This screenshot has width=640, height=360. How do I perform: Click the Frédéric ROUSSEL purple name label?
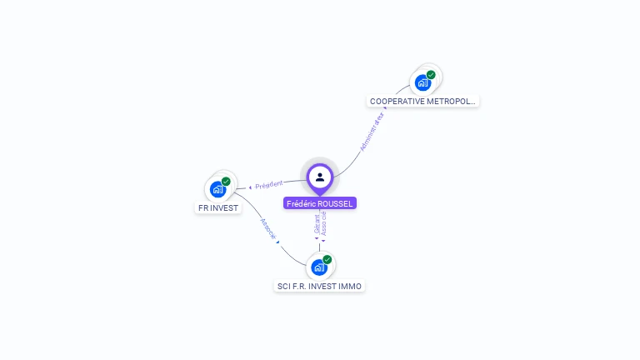[x=320, y=203]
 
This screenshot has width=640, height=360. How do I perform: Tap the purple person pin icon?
[x=320, y=177]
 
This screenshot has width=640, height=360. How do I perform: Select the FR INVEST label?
[x=218, y=207]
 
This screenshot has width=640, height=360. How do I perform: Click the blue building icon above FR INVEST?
[x=218, y=189]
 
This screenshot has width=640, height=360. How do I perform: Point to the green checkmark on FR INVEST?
[x=226, y=182]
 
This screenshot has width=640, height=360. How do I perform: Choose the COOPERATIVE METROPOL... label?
[x=423, y=101]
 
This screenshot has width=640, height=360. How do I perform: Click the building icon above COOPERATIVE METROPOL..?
[x=423, y=82]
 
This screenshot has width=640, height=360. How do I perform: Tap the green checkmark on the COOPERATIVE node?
[x=431, y=75]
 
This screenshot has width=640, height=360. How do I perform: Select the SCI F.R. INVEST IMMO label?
[x=320, y=286]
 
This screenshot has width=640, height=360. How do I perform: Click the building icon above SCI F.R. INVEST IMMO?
[x=318, y=267]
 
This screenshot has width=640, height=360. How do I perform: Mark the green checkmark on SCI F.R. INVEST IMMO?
[x=327, y=260]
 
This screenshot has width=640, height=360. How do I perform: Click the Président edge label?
[x=269, y=185]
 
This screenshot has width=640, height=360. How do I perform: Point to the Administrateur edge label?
[x=372, y=131]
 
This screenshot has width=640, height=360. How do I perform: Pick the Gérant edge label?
[x=317, y=223]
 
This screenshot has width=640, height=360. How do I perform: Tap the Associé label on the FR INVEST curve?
[x=268, y=229]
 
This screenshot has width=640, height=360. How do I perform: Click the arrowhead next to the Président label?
[x=250, y=187]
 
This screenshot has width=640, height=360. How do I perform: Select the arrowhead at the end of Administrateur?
[x=384, y=108]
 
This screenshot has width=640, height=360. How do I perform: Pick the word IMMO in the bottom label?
[x=351, y=286]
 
